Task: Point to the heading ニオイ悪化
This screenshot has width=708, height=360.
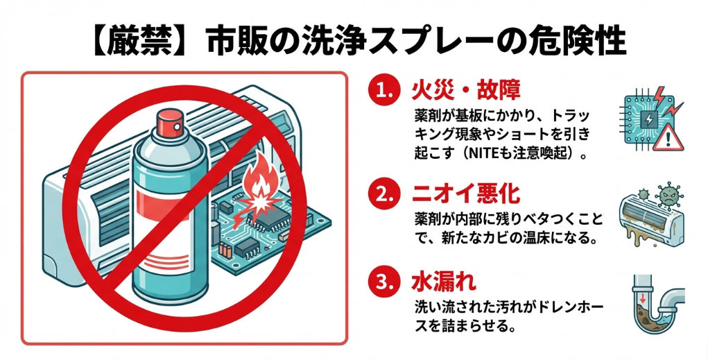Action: (x=466, y=194)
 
